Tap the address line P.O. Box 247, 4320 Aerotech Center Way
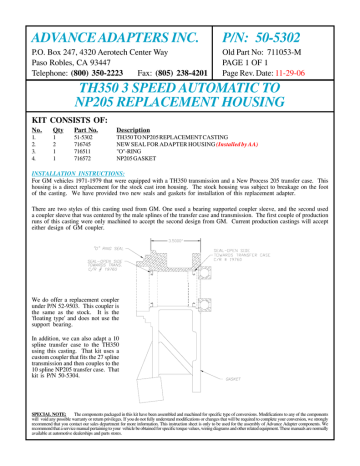[89, 40]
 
